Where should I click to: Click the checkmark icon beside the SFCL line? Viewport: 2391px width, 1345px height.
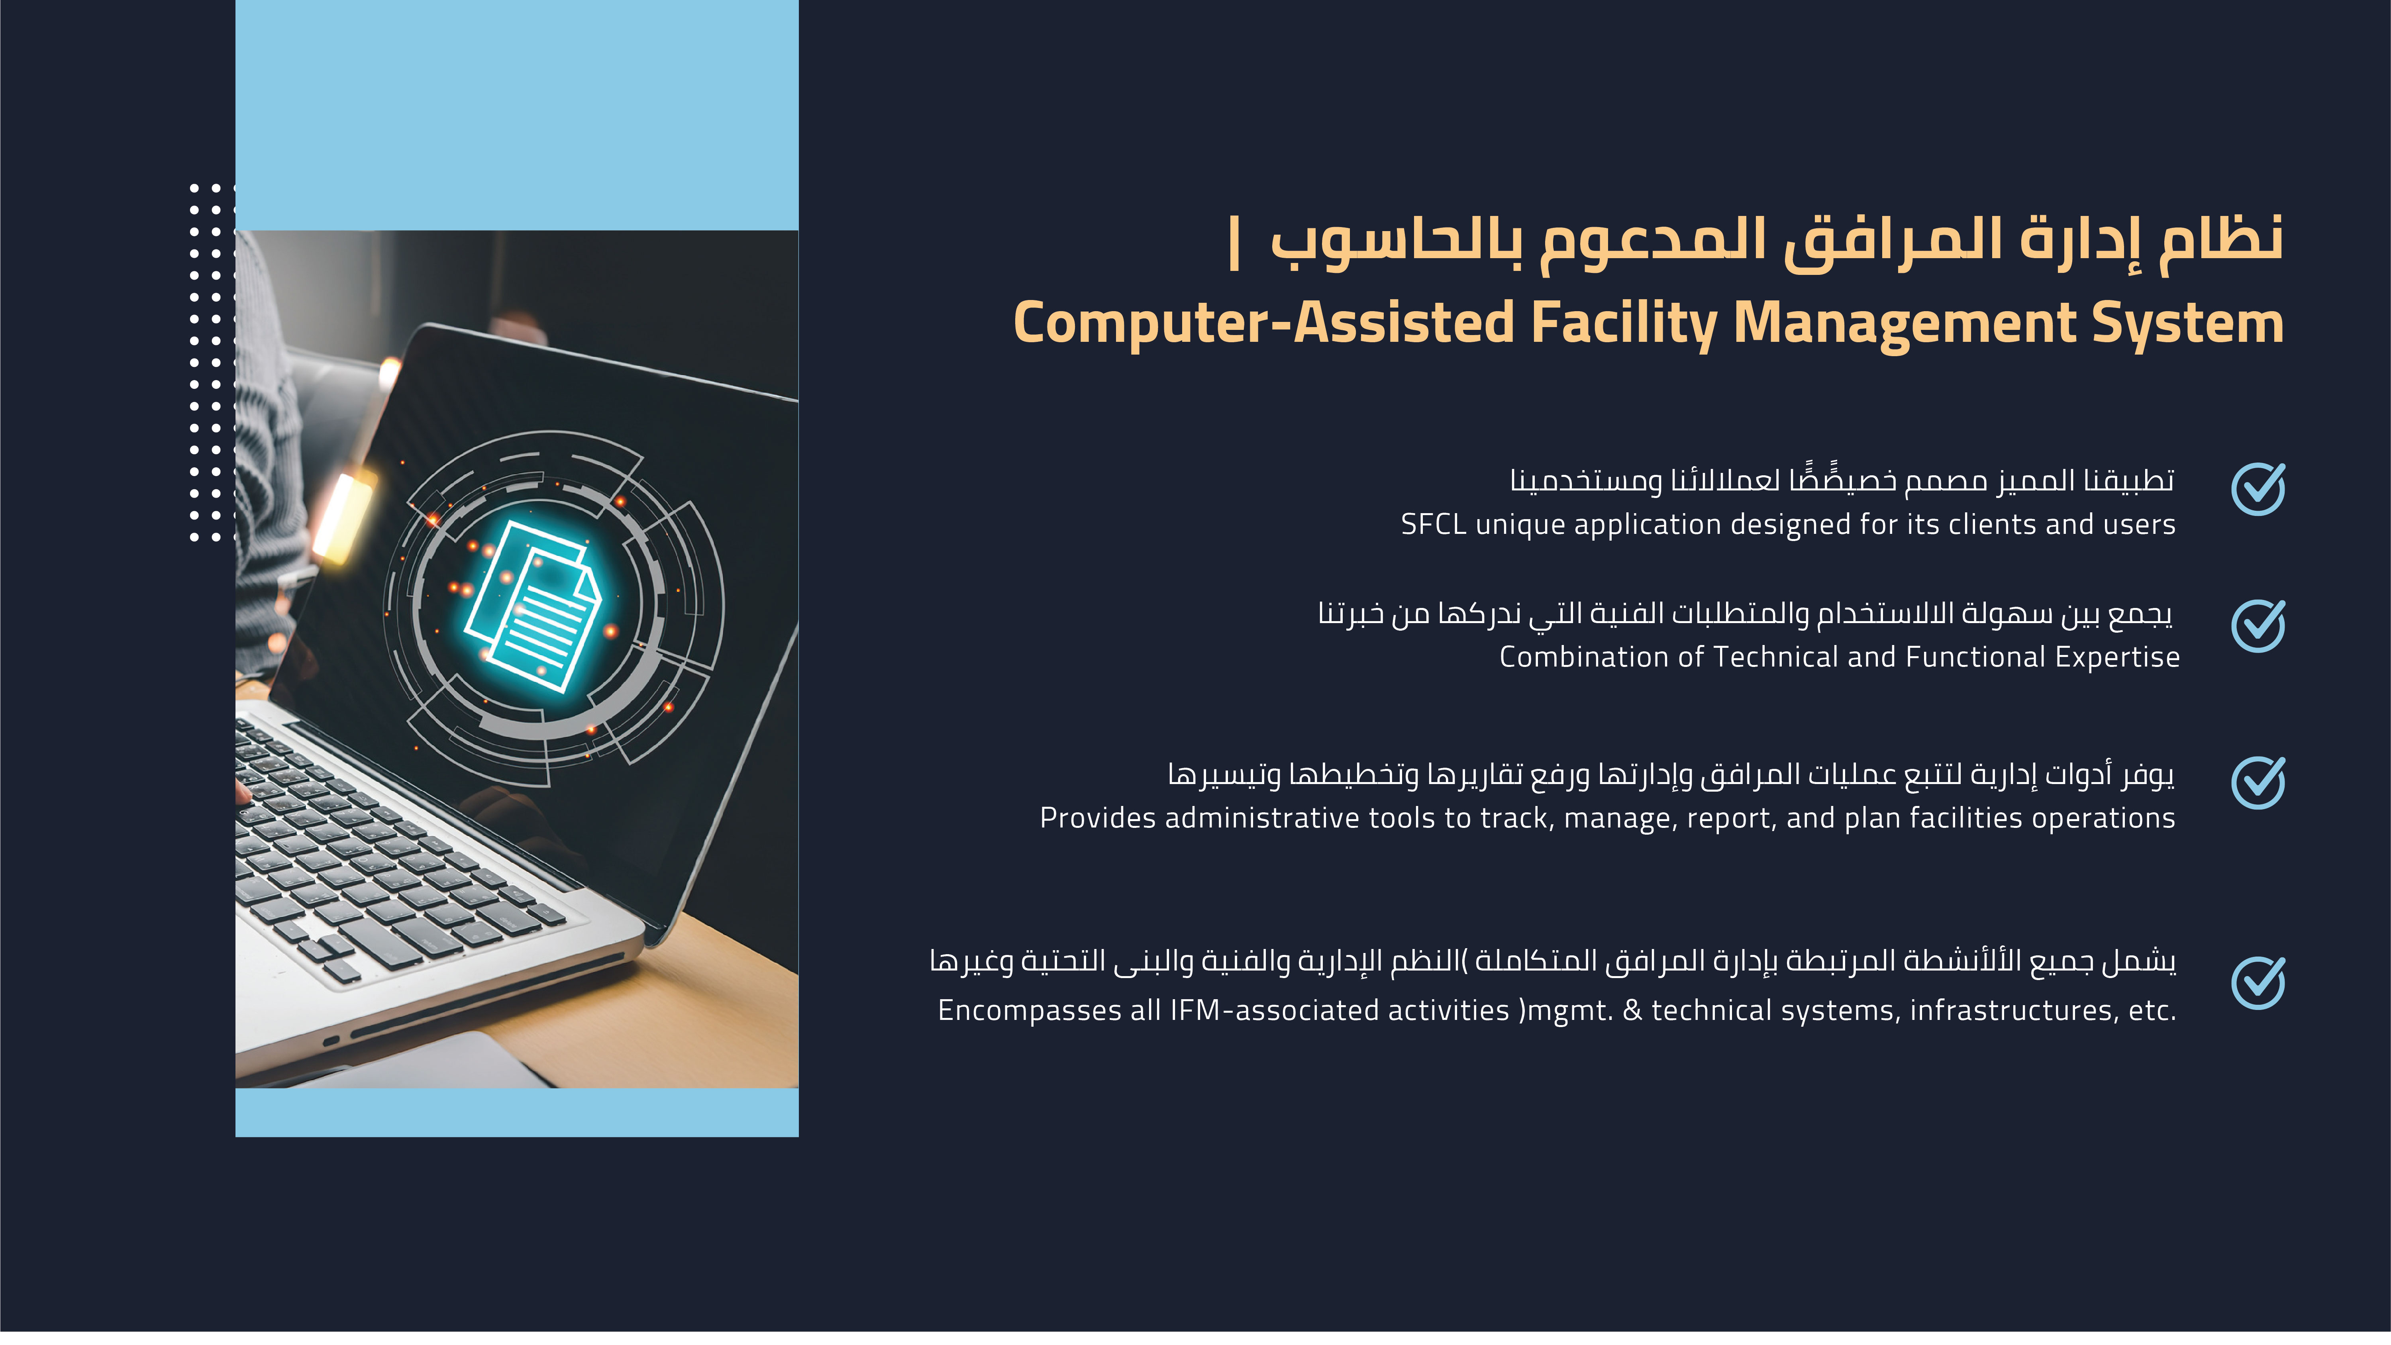[2258, 489]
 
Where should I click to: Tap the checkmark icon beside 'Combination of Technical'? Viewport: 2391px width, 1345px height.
[2258, 625]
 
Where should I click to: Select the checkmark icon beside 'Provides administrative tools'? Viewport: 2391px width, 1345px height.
[2258, 782]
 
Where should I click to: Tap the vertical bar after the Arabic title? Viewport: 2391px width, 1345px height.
[1234, 243]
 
